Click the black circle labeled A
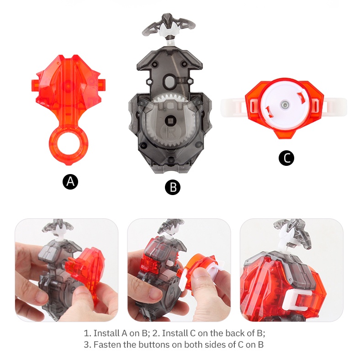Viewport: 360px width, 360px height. point(70,182)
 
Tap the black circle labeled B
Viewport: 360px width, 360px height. point(173,187)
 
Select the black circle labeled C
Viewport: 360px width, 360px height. point(286,158)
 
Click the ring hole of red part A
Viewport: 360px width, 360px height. point(69,145)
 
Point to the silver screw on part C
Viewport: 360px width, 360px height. point(284,105)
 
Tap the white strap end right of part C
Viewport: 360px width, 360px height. point(335,106)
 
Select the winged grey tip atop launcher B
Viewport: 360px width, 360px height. point(169,26)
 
